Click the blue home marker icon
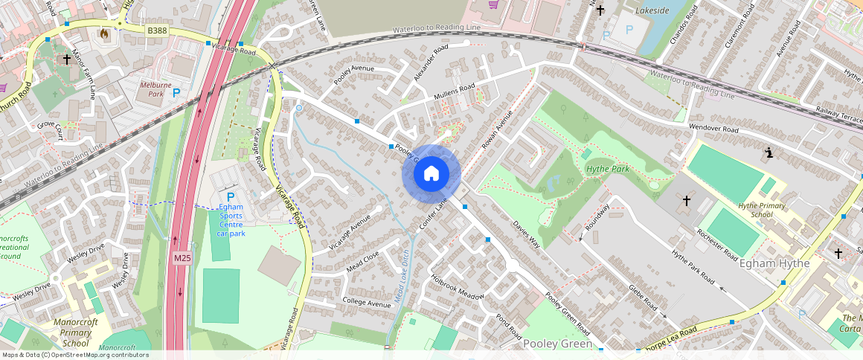tap(431, 174)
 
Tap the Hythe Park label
tap(608, 169)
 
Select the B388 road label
tap(157, 30)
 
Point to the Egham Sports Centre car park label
tap(230, 220)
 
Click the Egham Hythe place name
tap(774, 263)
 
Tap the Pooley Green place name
tap(557, 344)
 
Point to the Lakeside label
tap(652, 10)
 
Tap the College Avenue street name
tap(366, 303)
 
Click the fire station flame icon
tap(103, 33)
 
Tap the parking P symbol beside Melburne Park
tap(176, 93)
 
